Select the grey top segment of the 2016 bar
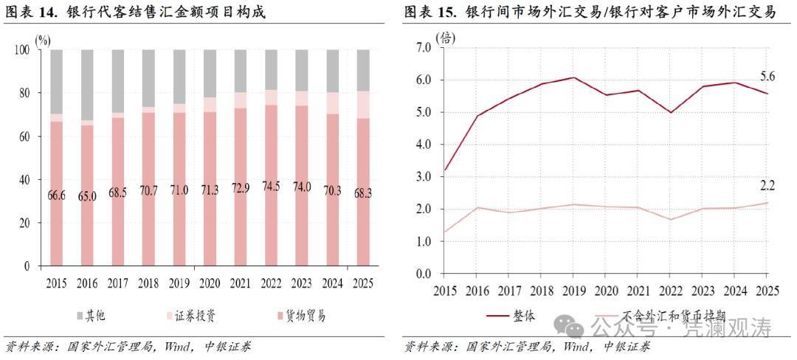pos(88,85)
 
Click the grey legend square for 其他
pos(79,316)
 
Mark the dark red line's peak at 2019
pos(573,77)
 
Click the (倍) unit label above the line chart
pos(446,38)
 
